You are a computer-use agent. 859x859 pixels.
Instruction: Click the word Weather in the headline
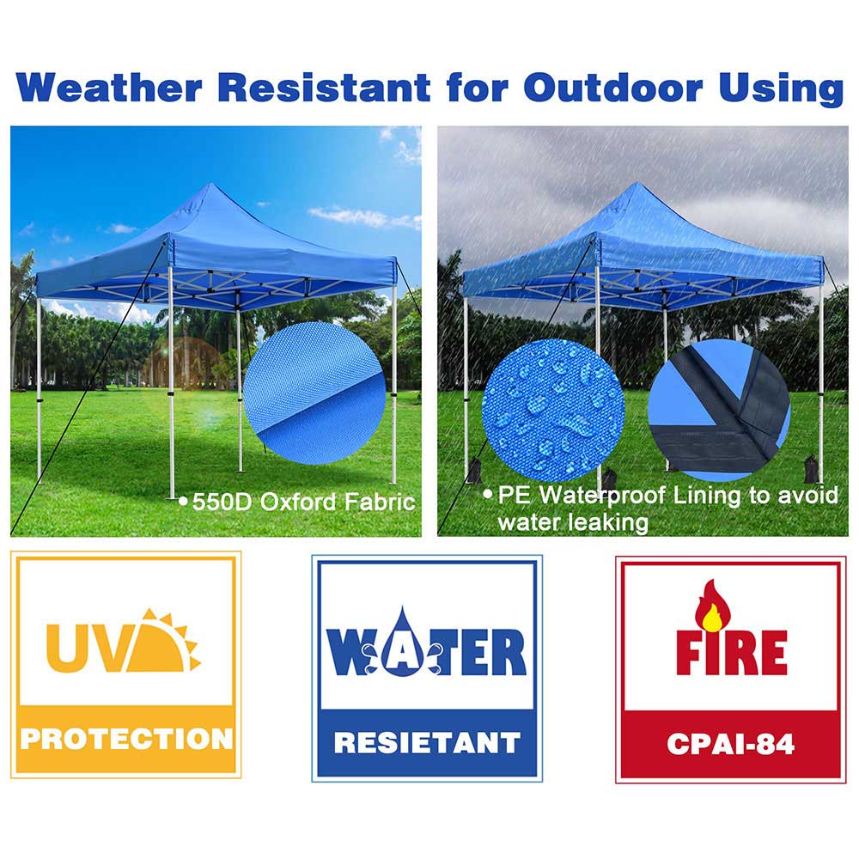(x=109, y=88)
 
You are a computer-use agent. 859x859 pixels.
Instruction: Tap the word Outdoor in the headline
(x=612, y=88)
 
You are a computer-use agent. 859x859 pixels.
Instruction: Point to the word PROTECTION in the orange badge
(x=126, y=739)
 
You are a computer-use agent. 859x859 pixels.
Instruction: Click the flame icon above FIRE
(x=713, y=606)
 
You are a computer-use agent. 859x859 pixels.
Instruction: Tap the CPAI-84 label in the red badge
(x=730, y=744)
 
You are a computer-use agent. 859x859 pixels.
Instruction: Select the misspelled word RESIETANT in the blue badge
(x=427, y=743)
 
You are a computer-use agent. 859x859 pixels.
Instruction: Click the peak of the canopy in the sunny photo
(x=212, y=185)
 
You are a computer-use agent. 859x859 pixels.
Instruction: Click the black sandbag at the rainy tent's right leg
(x=811, y=469)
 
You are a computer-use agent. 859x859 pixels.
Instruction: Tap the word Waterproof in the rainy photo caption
(x=603, y=496)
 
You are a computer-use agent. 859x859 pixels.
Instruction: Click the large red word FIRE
(x=731, y=652)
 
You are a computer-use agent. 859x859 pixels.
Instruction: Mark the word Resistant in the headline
(x=325, y=88)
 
